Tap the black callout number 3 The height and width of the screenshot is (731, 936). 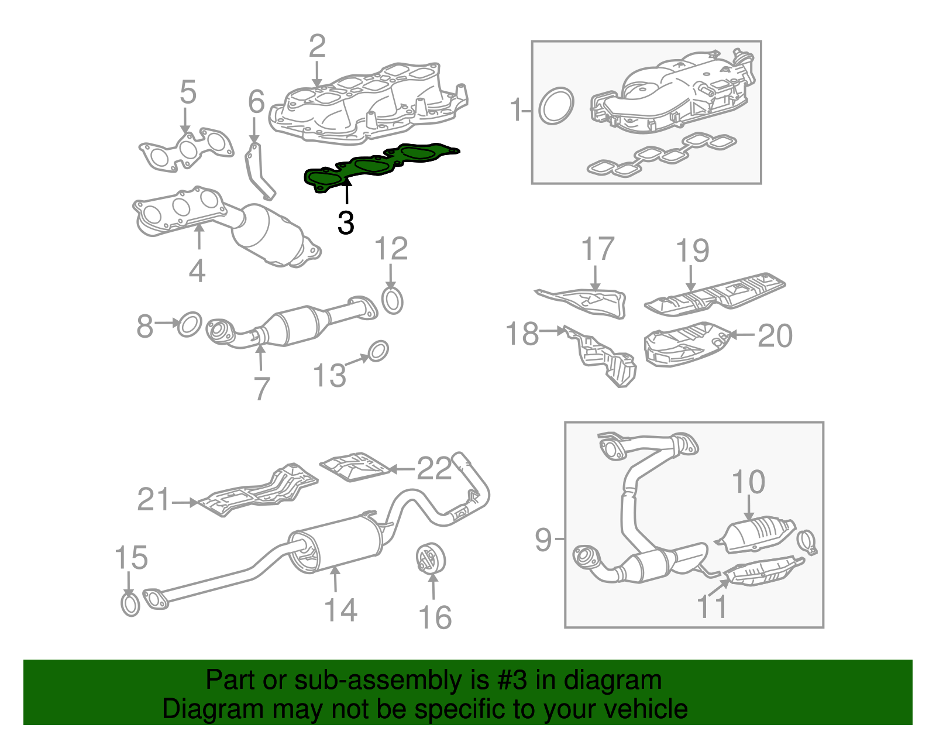click(346, 223)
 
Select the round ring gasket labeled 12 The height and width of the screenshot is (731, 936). click(393, 300)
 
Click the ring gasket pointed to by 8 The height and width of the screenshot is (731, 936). click(190, 324)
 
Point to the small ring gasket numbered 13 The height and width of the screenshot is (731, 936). click(378, 350)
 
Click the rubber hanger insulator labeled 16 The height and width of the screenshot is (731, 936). click(432, 558)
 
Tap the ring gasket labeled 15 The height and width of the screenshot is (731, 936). click(130, 603)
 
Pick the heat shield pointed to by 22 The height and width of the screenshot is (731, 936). click(355, 466)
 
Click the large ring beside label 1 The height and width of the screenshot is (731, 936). click(556, 106)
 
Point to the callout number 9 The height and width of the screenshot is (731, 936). click(543, 539)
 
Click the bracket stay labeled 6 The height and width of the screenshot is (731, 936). click(258, 171)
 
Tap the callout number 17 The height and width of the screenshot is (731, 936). click(597, 249)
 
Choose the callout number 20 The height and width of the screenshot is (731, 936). click(775, 335)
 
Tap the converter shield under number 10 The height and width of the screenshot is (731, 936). click(758, 533)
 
